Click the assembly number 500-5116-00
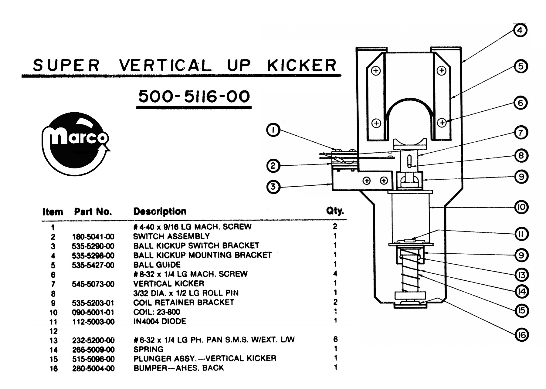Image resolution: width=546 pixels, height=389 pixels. [194, 96]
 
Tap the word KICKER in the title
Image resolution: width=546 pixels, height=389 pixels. [301, 65]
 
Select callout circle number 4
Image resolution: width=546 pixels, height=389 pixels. [520, 30]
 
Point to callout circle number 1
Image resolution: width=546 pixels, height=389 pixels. [273, 130]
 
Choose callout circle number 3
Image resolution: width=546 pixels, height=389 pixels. [273, 187]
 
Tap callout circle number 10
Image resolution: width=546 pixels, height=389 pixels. [521, 207]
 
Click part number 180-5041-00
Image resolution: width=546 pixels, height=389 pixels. [93, 236]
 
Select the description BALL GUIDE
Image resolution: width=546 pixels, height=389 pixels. [157, 265]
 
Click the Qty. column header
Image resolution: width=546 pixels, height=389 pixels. [335, 211]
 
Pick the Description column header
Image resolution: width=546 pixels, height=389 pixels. [160, 211]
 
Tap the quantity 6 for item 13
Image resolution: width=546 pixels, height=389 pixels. [335, 339]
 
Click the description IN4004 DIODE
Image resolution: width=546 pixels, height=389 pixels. [160, 321]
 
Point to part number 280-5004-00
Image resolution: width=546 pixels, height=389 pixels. [93, 368]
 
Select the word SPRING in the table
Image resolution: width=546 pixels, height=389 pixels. [148, 349]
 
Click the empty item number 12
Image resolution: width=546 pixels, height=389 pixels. [53, 331]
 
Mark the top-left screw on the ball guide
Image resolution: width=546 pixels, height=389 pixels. [376, 71]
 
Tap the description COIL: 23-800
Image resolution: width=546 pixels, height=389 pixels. [157, 312]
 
